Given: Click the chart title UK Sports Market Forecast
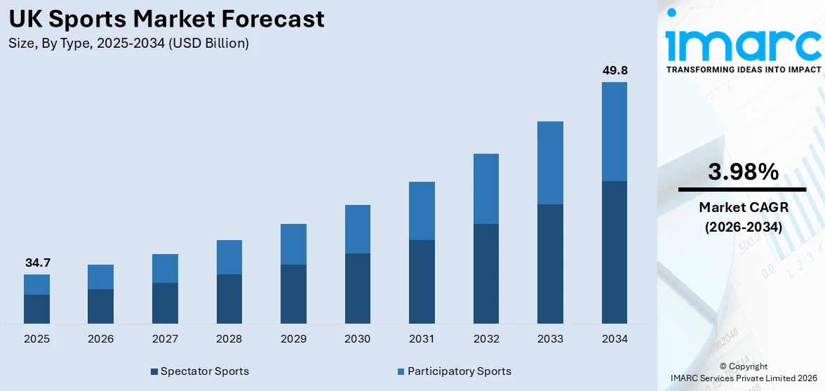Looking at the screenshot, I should point(167,19).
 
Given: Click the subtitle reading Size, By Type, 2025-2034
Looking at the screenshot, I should point(129,44).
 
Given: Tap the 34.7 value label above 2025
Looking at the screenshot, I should point(36,263).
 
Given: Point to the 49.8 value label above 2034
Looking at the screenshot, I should point(615,70).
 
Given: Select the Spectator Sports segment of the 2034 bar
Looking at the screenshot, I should point(615,252).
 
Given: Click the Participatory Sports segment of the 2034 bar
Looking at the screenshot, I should point(615,131).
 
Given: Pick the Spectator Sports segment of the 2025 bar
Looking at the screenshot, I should point(36,309).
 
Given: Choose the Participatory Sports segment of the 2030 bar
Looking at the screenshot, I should point(357,229).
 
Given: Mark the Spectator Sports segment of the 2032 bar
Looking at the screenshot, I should point(486,274).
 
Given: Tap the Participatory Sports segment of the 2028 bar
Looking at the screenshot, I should point(229,257).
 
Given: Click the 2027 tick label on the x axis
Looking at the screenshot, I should point(165,339).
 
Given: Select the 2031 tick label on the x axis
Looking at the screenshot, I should point(422,339).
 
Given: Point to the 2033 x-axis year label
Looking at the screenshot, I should point(550,339).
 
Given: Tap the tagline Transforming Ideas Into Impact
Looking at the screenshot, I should point(743,69).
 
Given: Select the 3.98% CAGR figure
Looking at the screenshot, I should point(743,171).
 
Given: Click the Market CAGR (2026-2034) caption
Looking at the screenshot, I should point(743,217).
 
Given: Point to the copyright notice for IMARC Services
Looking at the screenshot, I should point(743,373).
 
